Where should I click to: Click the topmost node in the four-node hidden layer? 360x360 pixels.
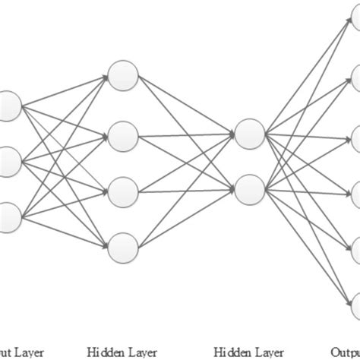tap(122, 74)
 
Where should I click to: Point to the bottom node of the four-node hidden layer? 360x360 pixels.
tap(122, 247)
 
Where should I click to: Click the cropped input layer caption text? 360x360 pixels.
tap(22, 352)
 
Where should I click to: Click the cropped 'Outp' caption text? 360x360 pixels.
tap(346, 352)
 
